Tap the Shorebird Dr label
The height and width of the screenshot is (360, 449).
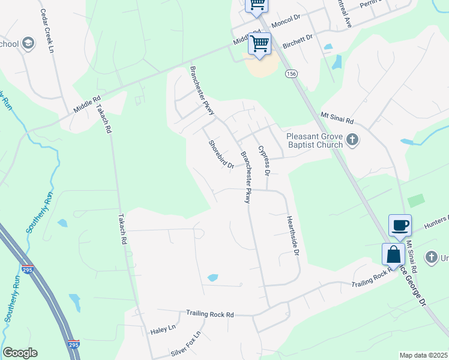click(220, 154)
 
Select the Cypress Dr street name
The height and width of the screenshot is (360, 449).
click(264, 160)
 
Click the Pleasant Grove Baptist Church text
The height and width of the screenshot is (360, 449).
click(314, 140)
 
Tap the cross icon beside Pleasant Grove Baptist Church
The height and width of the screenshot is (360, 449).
click(352, 140)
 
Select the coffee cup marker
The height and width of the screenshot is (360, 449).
click(400, 226)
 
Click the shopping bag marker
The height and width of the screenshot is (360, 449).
click(393, 254)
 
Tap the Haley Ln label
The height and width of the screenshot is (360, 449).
click(163, 329)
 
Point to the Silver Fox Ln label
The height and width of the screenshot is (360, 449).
click(186, 345)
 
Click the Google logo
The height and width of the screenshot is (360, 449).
click(20, 353)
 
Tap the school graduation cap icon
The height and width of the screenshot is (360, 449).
click(28, 43)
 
